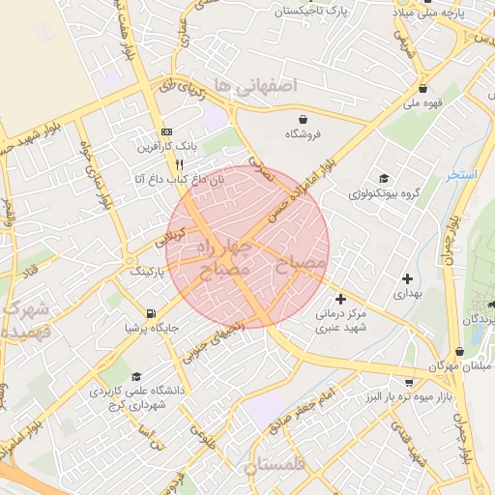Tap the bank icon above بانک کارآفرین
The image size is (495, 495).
click(166, 131)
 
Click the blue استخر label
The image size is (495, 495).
click(462, 175)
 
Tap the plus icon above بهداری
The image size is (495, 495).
click(407, 278)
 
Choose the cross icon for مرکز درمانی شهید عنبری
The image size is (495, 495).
click(339, 299)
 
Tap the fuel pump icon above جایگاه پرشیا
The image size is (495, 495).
click(150, 313)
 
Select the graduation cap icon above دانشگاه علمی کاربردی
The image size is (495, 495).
click(136, 377)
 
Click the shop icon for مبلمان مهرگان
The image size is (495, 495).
click(458, 352)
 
